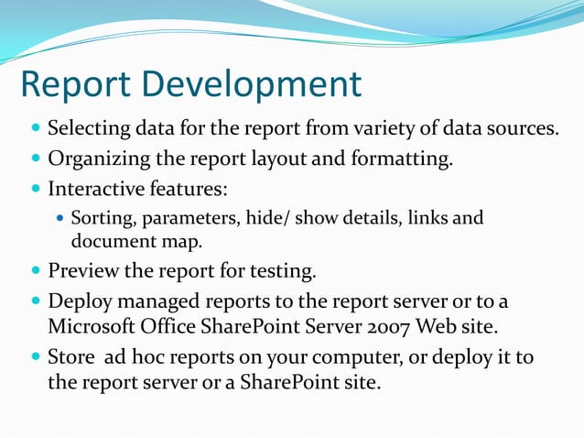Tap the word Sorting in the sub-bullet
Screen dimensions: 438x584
pyautogui.click(x=100, y=219)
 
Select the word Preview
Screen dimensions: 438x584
pyautogui.click(x=81, y=271)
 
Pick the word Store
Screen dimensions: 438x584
pyautogui.click(x=70, y=356)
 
